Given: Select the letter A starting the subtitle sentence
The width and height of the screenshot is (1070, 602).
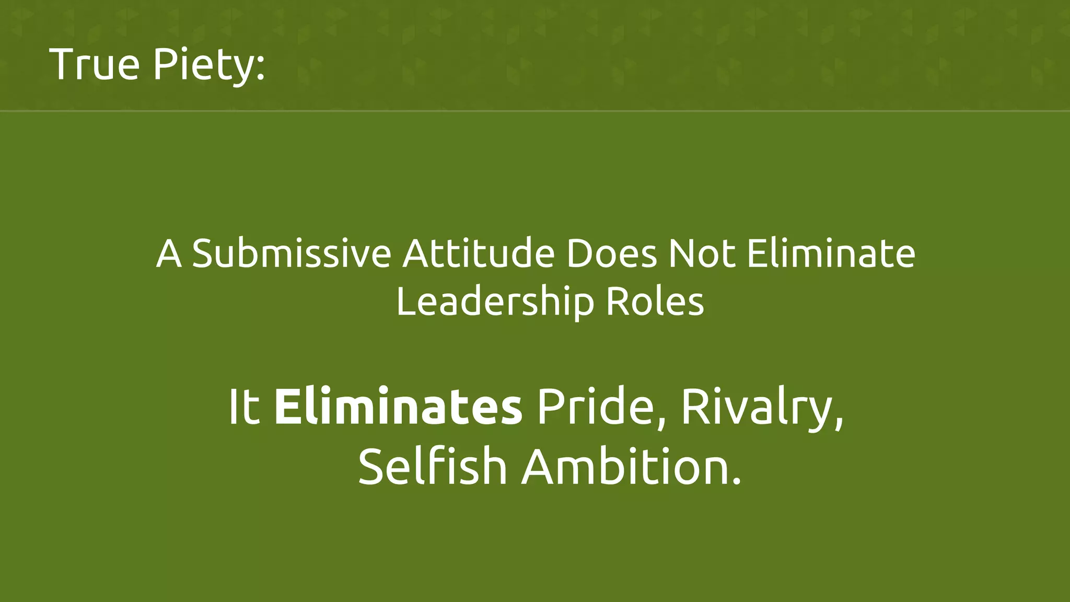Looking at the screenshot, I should tap(169, 254).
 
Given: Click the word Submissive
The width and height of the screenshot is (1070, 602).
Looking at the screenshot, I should tap(292, 254).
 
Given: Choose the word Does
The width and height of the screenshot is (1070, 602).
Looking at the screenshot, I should tap(611, 254).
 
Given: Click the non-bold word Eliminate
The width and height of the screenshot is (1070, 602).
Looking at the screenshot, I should tap(831, 254).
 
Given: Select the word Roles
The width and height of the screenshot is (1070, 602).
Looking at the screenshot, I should tap(655, 302).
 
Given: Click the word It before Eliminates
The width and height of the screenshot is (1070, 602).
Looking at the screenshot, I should tap(244, 407).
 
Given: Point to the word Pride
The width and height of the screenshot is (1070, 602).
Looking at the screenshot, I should tap(596, 407).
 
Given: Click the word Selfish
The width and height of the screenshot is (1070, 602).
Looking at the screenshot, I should tap(433, 467).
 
